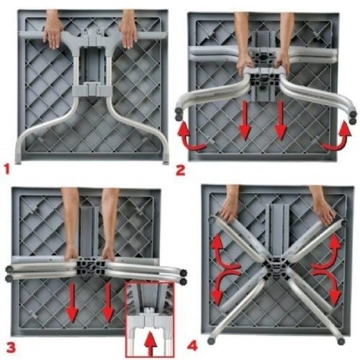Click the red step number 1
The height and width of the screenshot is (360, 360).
7,168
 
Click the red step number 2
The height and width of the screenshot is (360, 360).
181,171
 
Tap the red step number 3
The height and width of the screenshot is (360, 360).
12,347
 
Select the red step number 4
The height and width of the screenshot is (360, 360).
192,346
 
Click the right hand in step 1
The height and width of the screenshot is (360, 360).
129,33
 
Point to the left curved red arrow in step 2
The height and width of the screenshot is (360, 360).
190,138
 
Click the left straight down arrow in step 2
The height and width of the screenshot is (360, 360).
245,121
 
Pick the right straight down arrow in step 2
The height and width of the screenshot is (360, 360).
280,121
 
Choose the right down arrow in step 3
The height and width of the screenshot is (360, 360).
108,302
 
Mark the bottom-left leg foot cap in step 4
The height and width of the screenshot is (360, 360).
211,341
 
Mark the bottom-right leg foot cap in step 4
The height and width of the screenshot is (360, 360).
341,341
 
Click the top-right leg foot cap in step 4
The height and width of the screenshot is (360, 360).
344,223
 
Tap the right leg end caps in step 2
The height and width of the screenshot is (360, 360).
353,117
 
